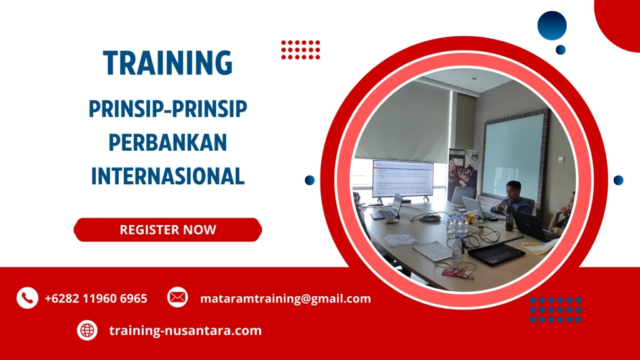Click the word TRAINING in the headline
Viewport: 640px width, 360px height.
click(x=167, y=63)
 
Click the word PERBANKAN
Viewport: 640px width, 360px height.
click(x=167, y=142)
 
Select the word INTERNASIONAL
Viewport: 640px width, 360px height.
click(x=167, y=176)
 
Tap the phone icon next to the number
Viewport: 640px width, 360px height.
click(x=27, y=298)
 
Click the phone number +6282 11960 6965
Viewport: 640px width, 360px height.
click(x=96, y=299)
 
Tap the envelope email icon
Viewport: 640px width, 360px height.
click(x=177, y=297)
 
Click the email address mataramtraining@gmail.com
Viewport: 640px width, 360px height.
click(x=285, y=299)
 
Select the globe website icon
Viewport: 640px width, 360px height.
click(x=87, y=331)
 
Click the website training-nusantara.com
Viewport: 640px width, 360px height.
click(x=185, y=331)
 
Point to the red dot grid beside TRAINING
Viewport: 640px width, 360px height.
click(x=301, y=49)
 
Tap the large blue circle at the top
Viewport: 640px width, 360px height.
click(x=551, y=26)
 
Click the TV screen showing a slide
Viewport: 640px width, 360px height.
click(x=402, y=178)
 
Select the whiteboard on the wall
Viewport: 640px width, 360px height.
click(x=514, y=156)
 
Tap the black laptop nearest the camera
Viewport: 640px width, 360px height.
click(x=496, y=252)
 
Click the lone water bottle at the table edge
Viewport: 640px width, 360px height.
click(x=457, y=249)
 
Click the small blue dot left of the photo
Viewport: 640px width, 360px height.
click(x=309, y=180)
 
